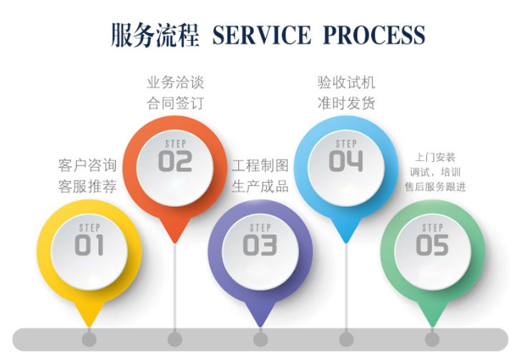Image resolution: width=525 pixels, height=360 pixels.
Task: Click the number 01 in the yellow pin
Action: pyautogui.click(x=89, y=245)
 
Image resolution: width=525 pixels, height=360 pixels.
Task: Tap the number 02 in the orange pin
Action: pyautogui.click(x=175, y=161)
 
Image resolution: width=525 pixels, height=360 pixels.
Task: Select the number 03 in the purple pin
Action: pyautogui.click(x=260, y=245)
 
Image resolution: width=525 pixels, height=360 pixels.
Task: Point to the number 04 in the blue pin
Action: pyautogui.click(x=346, y=161)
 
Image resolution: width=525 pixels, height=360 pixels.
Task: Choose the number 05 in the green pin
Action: pyautogui.click(x=432, y=245)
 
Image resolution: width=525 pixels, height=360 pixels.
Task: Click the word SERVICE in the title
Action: pyautogui.click(x=262, y=34)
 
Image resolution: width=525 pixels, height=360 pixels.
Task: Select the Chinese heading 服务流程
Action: pyautogui.click(x=154, y=34)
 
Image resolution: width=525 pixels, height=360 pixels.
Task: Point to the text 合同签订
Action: pyautogui.click(x=175, y=102)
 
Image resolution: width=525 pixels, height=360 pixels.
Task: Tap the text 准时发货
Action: pyautogui.click(x=346, y=102)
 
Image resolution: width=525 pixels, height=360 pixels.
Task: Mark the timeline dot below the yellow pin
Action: pyautogui.click(x=89, y=339)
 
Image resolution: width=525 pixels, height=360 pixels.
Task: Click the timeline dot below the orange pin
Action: pyautogui.click(x=175, y=339)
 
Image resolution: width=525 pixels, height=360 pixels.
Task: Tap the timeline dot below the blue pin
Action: pyautogui.click(x=346, y=339)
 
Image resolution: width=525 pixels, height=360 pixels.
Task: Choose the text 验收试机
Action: pyautogui.click(x=346, y=82)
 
